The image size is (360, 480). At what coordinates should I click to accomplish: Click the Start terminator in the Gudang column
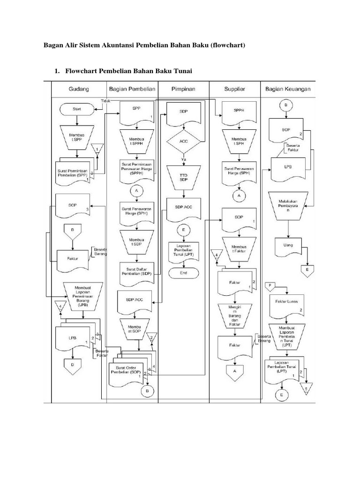click(76, 109)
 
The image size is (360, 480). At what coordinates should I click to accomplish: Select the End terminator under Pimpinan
click(184, 273)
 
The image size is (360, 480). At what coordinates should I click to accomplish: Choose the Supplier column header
click(235, 89)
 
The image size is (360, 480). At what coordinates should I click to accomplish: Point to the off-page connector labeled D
click(72, 364)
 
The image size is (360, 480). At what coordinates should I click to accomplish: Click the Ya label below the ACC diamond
click(184, 159)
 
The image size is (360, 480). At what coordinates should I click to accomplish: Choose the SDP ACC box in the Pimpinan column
click(184, 209)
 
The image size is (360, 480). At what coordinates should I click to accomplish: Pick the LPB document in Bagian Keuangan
click(287, 168)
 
